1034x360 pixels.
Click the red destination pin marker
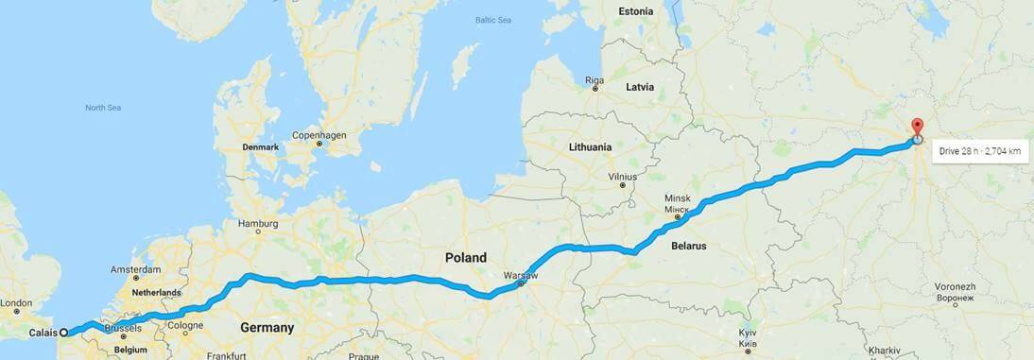coord(916,129)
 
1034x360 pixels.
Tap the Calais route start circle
coord(64,333)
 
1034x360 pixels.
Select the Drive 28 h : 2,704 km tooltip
coord(980,150)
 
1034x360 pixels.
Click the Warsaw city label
coord(521,273)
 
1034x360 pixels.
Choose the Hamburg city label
coord(258,224)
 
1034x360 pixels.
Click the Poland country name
coord(466,257)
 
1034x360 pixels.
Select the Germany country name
coord(267,328)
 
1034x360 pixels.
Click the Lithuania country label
coord(591,147)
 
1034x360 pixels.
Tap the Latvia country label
coord(640,87)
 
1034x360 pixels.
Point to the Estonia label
coord(635,11)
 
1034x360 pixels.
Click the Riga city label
coord(595,79)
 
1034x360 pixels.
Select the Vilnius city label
coord(623,177)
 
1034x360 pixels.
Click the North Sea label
coord(103,108)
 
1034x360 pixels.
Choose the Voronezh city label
coord(955,285)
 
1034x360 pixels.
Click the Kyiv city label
coord(748,334)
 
